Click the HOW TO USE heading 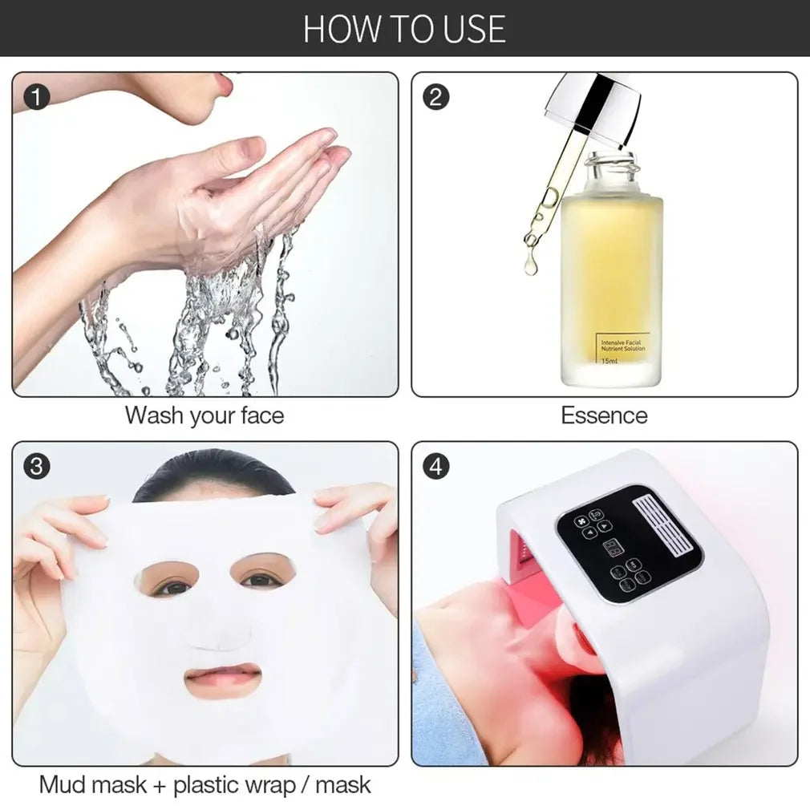pos(404,28)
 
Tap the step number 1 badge pos(37,97)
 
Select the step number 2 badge pos(435,97)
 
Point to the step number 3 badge pos(37,467)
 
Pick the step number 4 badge pos(435,467)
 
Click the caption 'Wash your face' pos(204,415)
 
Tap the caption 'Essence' pos(604,415)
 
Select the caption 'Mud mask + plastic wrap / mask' pos(205,784)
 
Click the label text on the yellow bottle pos(623,346)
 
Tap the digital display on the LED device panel pos(615,549)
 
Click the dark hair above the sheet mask pos(214,474)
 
